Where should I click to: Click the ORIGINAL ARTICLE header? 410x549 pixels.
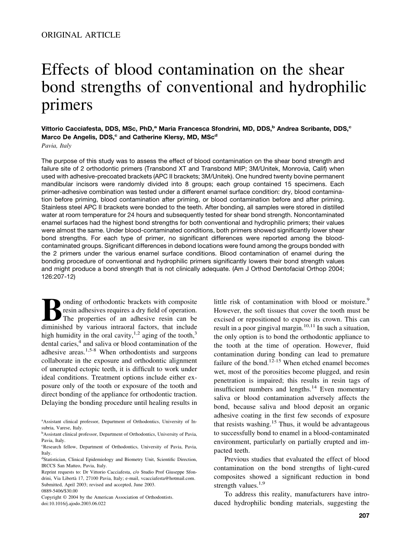81,35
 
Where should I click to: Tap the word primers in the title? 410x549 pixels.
67,105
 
